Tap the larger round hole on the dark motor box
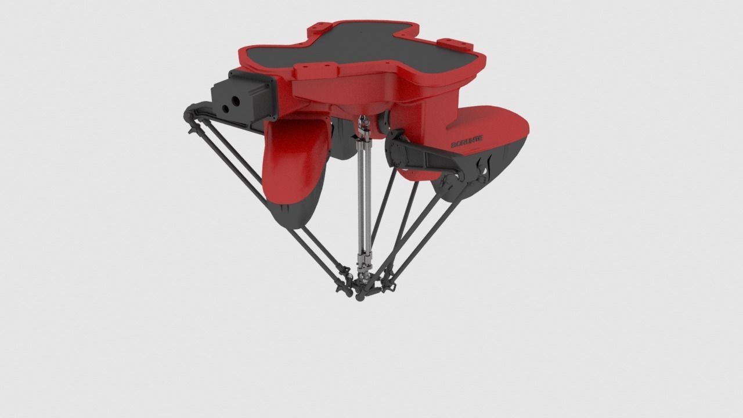pos(236,100)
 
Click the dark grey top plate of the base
pos(371,49)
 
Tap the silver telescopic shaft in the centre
pos(365,197)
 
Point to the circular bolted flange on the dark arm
pos(398,153)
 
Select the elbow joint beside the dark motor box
pos(195,114)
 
